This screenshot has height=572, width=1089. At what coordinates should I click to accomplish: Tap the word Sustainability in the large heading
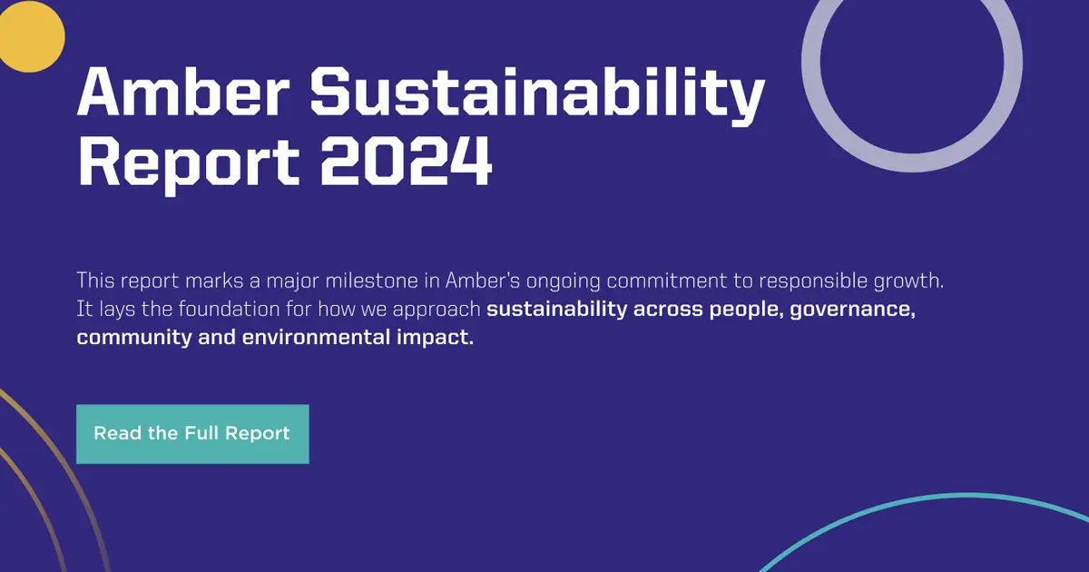pos(537,93)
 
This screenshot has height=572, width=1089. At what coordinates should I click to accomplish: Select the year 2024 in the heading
pos(407,161)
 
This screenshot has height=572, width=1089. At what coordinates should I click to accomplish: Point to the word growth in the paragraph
pos(909,280)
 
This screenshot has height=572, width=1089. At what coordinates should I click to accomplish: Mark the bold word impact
pos(441,339)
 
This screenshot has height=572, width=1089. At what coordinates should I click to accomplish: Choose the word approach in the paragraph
pos(437,310)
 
